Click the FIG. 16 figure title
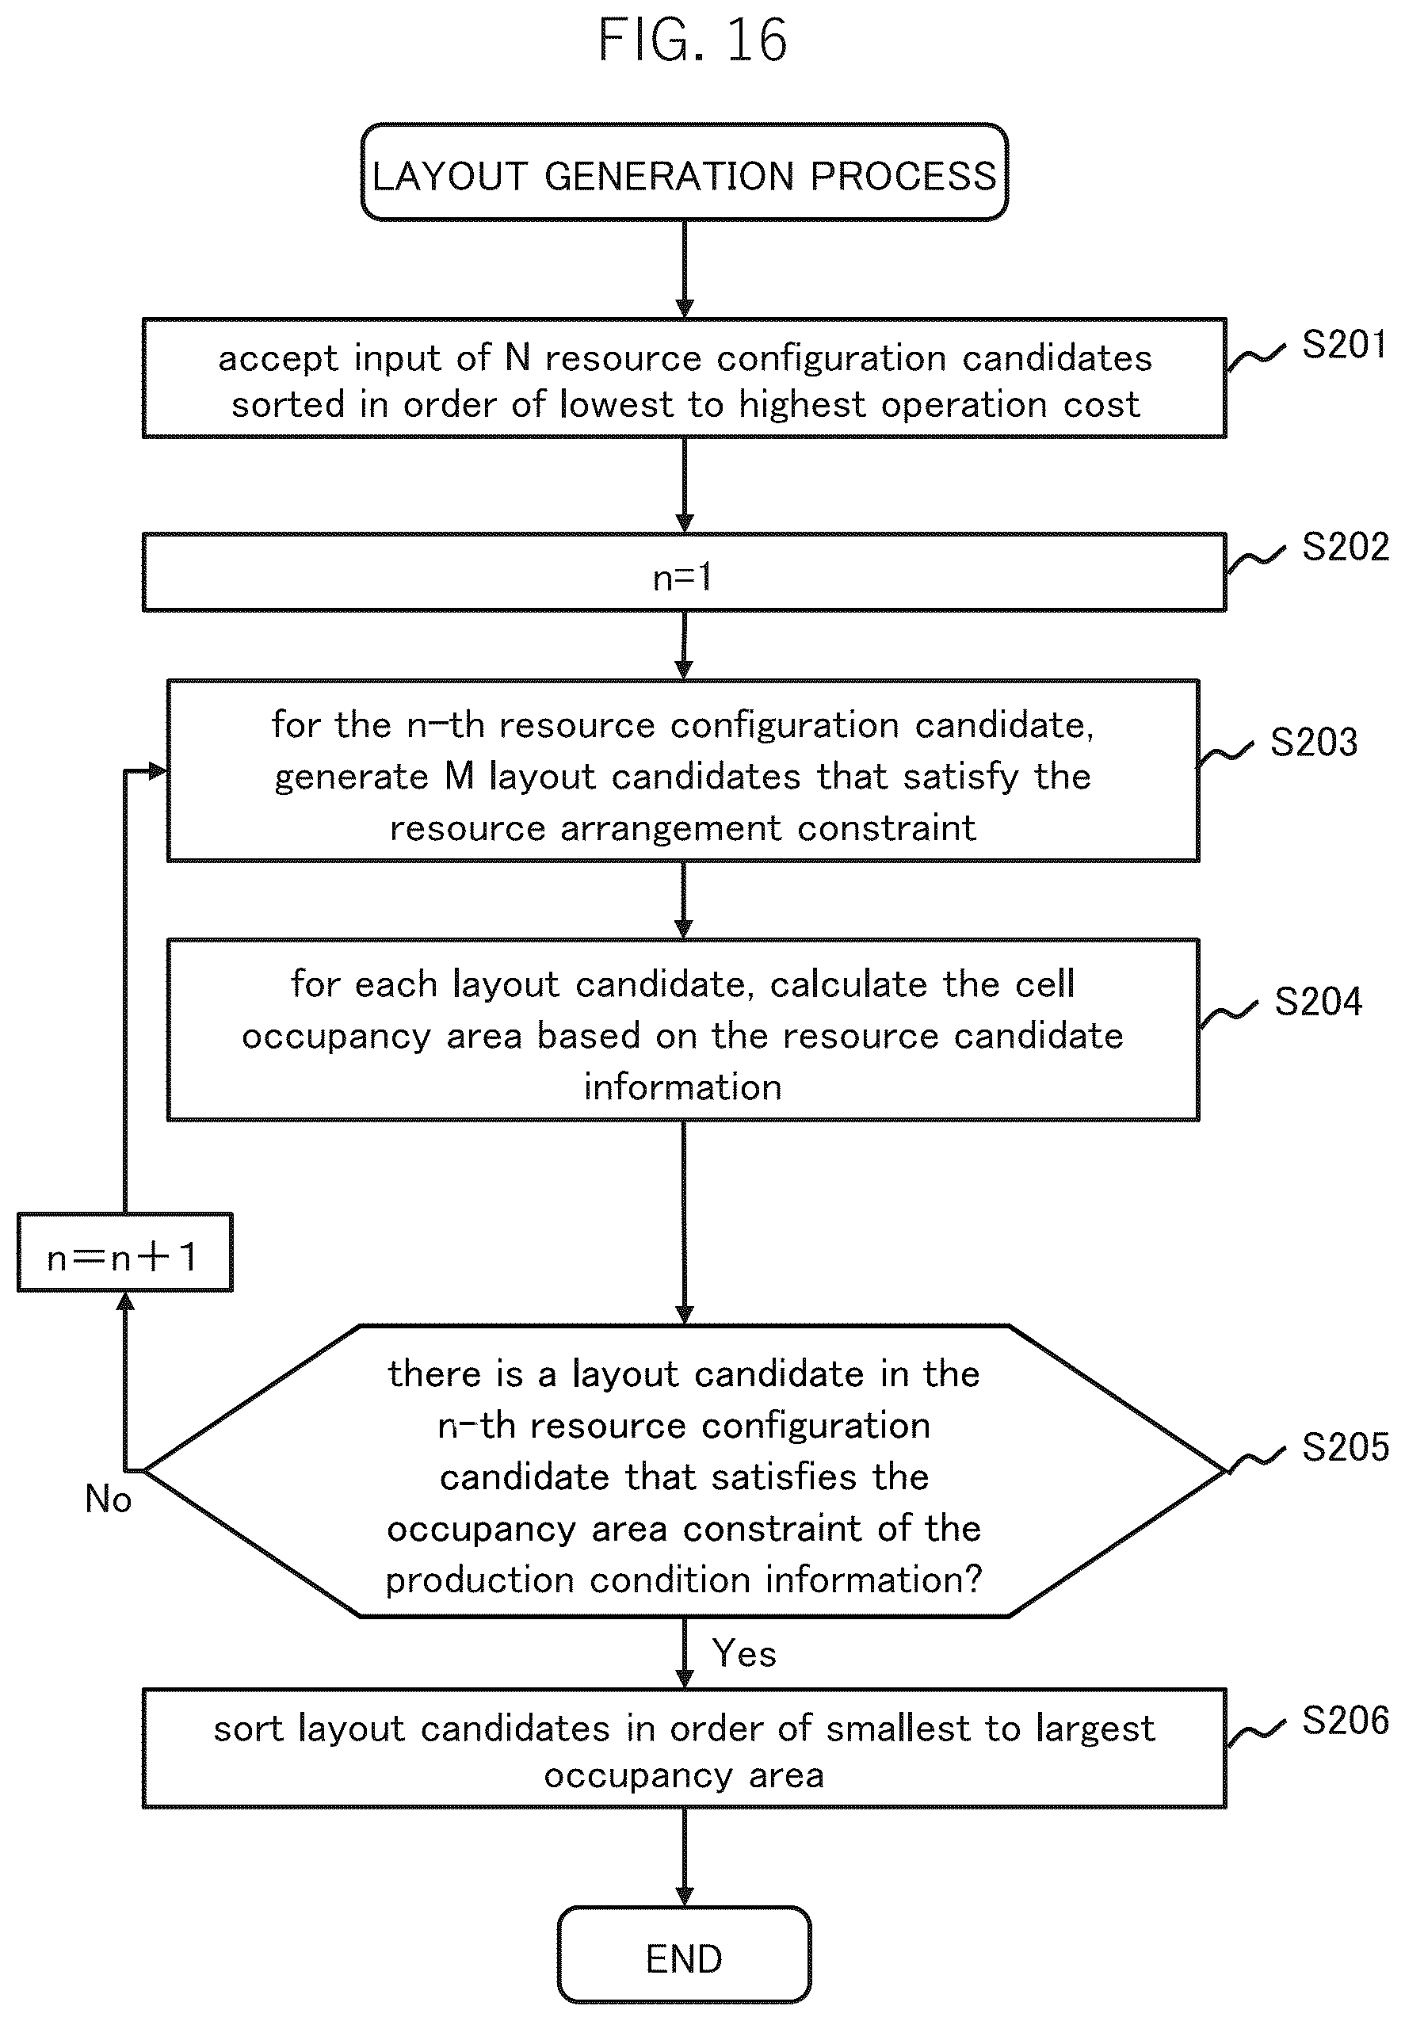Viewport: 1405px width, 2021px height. pos(692,40)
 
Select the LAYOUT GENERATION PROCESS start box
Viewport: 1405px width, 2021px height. pos(684,173)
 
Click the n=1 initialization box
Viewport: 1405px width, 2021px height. pos(684,572)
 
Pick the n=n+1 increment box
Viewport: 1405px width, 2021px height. pos(125,1251)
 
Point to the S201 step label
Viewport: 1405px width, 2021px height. pos(1344,344)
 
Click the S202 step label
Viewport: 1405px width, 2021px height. pos(1345,547)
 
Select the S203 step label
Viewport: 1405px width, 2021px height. pos(1313,742)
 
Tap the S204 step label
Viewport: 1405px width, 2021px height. pos(1318,1002)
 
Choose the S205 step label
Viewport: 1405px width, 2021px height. pos(1345,1447)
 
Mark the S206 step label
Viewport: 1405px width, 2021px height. pos(1345,1720)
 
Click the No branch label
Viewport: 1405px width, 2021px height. pos(109,1498)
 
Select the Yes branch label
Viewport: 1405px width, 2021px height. pos(744,1653)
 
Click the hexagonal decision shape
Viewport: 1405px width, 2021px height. pos(684,1470)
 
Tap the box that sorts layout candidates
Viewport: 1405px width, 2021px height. pos(684,1748)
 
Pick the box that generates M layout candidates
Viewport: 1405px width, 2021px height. pos(683,770)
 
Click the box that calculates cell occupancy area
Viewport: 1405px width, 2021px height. pos(683,1030)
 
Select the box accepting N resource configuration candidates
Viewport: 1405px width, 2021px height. pos(684,379)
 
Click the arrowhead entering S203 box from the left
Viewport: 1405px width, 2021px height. pos(158,771)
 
